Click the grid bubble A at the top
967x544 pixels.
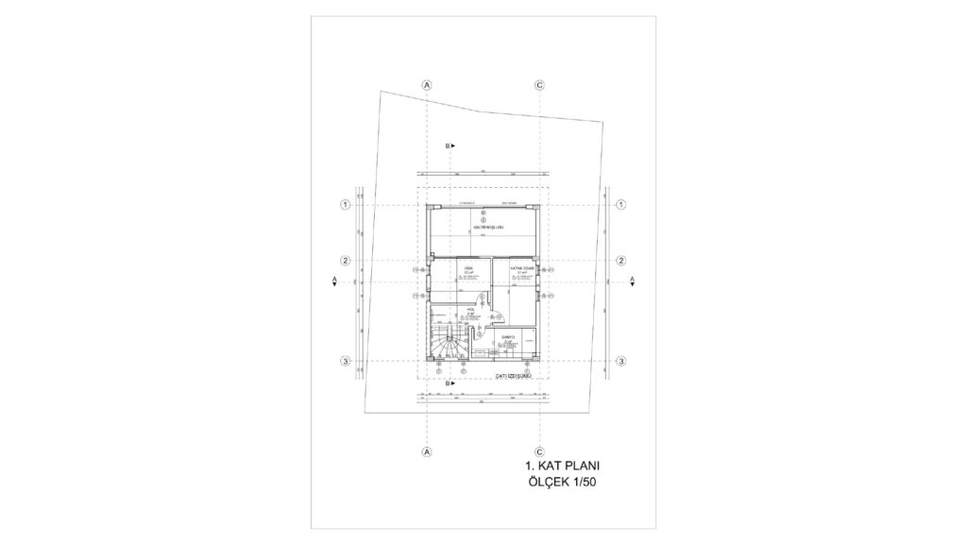click(427, 84)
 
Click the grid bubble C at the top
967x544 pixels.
click(539, 84)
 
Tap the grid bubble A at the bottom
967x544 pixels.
click(427, 452)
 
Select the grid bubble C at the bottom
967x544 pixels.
click(539, 452)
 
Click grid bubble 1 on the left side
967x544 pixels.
click(346, 204)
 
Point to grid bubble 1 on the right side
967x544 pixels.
click(621, 204)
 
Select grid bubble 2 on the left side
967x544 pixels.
click(346, 261)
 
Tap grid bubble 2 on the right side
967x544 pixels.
click(621, 261)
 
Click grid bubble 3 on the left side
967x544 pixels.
click(346, 362)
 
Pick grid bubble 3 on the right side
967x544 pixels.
click(621, 362)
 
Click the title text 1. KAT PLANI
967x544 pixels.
click(562, 467)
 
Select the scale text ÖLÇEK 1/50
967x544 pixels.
click(564, 484)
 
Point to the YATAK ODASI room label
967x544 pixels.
click(511, 268)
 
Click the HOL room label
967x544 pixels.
click(469, 308)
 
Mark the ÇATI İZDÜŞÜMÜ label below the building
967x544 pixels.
click(516, 376)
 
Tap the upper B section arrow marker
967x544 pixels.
click(450, 146)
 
